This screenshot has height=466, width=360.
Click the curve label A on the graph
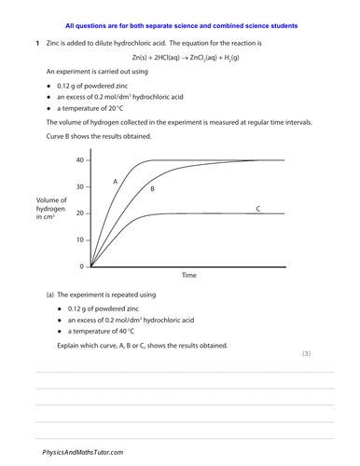[115, 181]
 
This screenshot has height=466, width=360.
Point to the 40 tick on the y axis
[79, 160]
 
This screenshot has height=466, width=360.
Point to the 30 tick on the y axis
[79, 187]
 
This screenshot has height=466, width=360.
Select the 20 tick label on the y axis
[79, 213]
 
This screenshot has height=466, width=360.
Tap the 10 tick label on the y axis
[79, 240]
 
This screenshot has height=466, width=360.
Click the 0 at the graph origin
[81, 267]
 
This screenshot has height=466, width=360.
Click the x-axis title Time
[189, 277]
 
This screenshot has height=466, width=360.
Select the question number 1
[36, 44]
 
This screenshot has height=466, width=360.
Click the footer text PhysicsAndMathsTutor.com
[83, 451]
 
